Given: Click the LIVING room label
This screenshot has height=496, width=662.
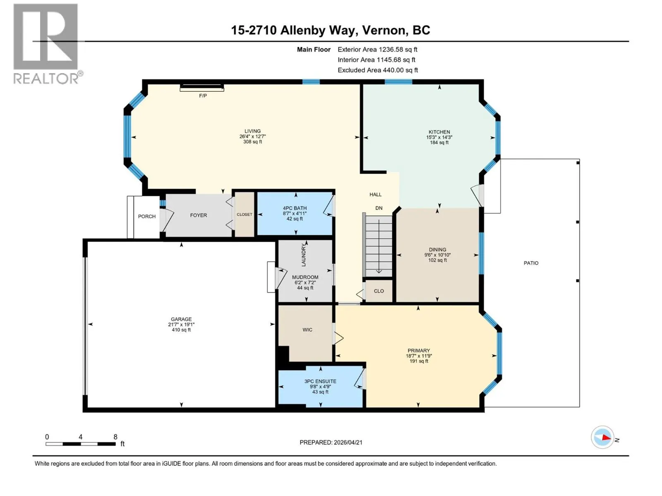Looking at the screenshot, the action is pyautogui.click(x=252, y=131).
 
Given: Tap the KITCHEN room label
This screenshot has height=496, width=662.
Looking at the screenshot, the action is pyautogui.click(x=439, y=132).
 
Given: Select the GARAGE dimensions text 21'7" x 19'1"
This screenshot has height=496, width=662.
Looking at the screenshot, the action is pyautogui.click(x=181, y=324).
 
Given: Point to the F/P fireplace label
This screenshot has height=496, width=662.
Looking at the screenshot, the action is pyautogui.click(x=203, y=96).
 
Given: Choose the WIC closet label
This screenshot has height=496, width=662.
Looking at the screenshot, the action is pyautogui.click(x=307, y=330).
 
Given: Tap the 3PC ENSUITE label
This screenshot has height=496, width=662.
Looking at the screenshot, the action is pyautogui.click(x=320, y=381).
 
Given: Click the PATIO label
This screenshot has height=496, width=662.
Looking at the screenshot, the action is pyautogui.click(x=531, y=263).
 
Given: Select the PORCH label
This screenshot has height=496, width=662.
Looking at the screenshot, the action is pyautogui.click(x=147, y=216).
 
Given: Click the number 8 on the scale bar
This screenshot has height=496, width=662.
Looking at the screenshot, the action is pyautogui.click(x=115, y=436).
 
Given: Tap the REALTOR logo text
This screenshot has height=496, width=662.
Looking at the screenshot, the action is pyautogui.click(x=46, y=78).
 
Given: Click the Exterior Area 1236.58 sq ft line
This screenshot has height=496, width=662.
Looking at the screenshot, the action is pyautogui.click(x=377, y=49).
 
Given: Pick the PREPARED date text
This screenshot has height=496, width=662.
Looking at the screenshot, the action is pyautogui.click(x=331, y=442).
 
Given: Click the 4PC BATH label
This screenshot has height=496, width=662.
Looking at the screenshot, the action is pyautogui.click(x=294, y=208).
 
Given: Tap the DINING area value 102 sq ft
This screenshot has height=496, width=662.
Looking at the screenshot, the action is pyautogui.click(x=437, y=260).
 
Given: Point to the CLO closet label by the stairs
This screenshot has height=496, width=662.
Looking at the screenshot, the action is pyautogui.click(x=379, y=291).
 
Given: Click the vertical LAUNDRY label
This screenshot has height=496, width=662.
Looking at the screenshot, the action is pyautogui.click(x=304, y=255).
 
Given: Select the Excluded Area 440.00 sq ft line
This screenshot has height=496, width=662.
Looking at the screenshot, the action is pyautogui.click(x=378, y=70).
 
